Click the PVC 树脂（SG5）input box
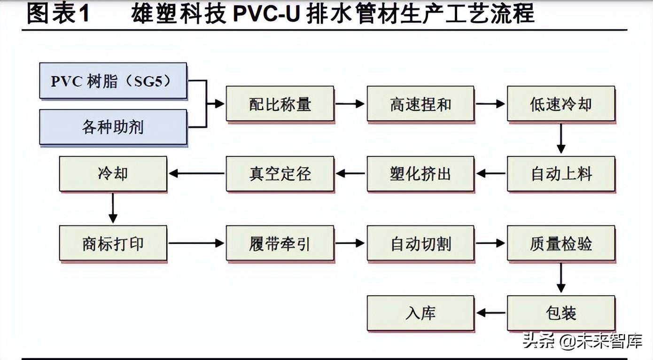pos(113,81)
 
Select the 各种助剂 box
pos(113,127)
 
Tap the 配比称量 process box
pos(280,104)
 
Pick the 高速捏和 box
pos(420,104)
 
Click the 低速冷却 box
pos(561,104)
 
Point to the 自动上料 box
pos(561,174)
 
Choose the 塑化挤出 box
pos(420,174)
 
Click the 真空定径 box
pos(280,174)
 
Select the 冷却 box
pos(113,174)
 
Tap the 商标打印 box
pos(113,243)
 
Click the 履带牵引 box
pos(280,243)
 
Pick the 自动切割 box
pos(420,243)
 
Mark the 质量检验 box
pos(561,243)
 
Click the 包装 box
pos(561,313)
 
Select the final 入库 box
pos(420,313)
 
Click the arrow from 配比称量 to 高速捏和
pos(350,104)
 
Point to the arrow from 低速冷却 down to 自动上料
pos(561,139)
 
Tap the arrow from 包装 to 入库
pos(490,313)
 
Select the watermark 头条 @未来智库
pos(582,341)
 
